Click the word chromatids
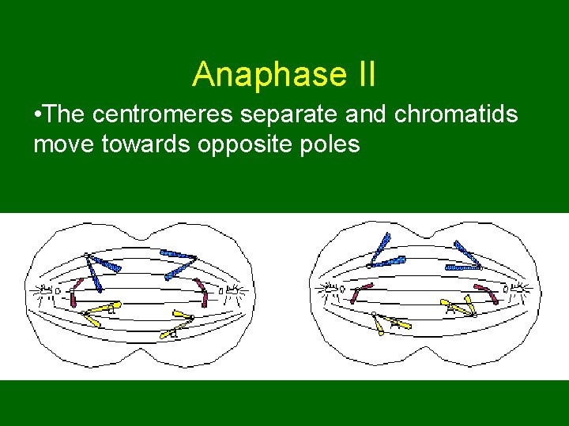coord(456,115)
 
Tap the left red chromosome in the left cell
coord(75,291)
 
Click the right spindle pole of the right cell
coord(522,291)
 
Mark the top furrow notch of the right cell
coord(428,234)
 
